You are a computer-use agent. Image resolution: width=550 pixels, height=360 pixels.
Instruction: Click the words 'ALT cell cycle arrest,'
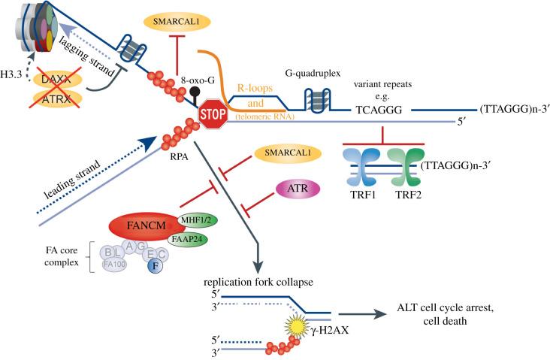coord(444,310)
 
